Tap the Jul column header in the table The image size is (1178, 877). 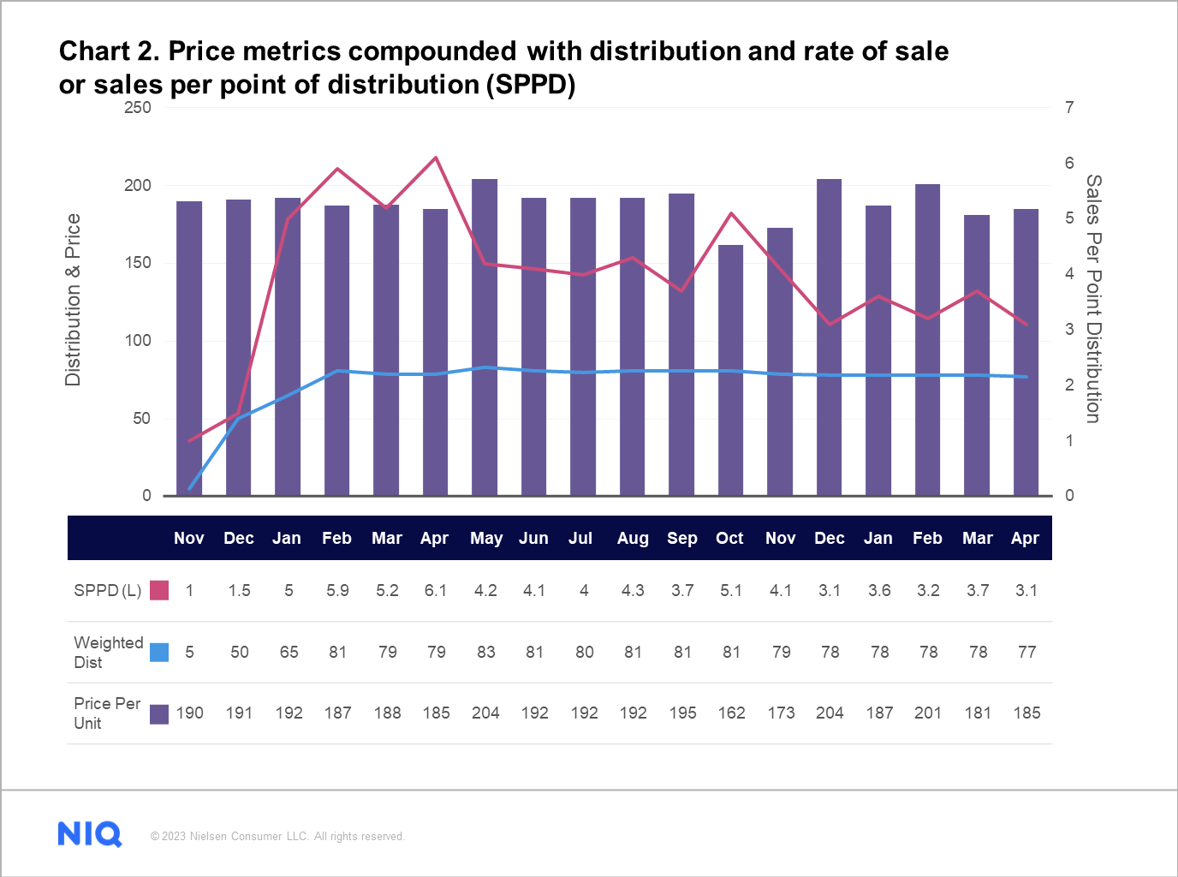[x=580, y=538]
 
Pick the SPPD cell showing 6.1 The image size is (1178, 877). [x=436, y=590]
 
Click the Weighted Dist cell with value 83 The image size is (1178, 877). [x=485, y=652]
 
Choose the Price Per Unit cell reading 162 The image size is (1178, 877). [x=731, y=713]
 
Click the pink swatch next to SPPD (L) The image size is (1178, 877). [x=159, y=590]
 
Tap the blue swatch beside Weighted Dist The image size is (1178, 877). [x=159, y=652]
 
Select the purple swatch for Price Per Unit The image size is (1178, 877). [x=159, y=713]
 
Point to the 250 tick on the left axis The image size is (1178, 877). [x=137, y=108]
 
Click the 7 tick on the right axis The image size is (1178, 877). [x=1069, y=108]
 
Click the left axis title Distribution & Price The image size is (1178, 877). [x=73, y=300]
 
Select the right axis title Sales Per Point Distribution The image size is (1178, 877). [x=1093, y=299]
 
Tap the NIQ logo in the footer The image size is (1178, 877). [x=90, y=834]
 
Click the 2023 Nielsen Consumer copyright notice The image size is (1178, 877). [x=277, y=837]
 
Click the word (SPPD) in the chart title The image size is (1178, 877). [x=531, y=85]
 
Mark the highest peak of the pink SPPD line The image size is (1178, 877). [x=436, y=158]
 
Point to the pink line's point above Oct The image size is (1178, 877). [x=730, y=213]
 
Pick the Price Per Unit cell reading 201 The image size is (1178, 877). [x=928, y=713]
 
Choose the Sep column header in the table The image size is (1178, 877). [x=681, y=538]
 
